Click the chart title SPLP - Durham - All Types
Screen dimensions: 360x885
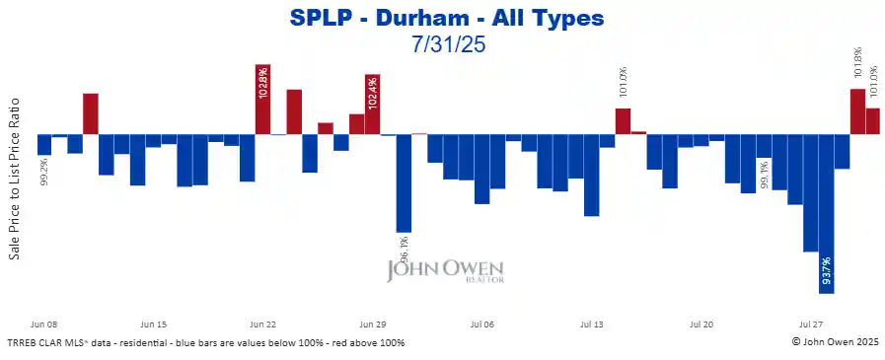(x=447, y=18)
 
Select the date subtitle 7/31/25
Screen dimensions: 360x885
(x=447, y=43)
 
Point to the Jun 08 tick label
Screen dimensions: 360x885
(x=45, y=324)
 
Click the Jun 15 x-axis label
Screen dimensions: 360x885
(x=154, y=324)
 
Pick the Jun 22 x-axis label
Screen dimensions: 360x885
(x=262, y=324)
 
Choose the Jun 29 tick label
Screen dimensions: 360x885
(x=372, y=324)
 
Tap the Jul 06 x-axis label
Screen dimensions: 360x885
(x=481, y=324)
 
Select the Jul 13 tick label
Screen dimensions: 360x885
(x=591, y=324)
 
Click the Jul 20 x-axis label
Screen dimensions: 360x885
(x=701, y=324)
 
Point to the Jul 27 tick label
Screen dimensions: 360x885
(x=810, y=324)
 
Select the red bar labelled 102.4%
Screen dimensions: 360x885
(x=372, y=105)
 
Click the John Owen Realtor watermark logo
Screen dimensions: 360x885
(x=445, y=271)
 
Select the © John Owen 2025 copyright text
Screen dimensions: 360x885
(x=835, y=342)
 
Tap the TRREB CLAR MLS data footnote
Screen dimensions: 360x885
(x=205, y=342)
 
